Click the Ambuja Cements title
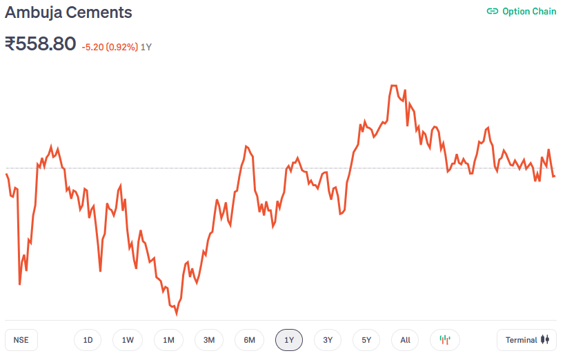(68, 12)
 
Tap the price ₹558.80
(40, 44)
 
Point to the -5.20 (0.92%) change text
(109, 47)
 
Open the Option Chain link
(528, 11)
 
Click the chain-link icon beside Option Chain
(492, 11)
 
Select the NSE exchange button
(21, 340)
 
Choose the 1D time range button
(88, 340)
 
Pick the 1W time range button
(128, 340)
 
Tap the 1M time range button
(168, 340)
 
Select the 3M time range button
(209, 340)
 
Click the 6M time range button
(249, 340)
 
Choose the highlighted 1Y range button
(289, 340)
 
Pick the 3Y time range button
(328, 340)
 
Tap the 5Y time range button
(366, 340)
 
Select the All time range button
(405, 340)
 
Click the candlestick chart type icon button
(445, 340)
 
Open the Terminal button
(526, 340)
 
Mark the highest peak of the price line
(394, 86)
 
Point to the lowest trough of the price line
(177, 314)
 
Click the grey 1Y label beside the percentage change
(146, 47)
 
